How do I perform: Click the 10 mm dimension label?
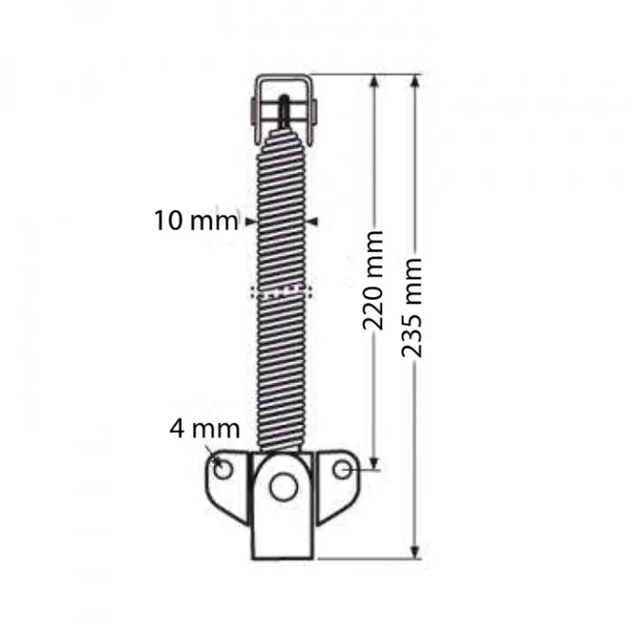[x=196, y=220]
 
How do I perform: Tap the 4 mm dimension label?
[x=205, y=429]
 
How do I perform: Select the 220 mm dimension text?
[x=373, y=280]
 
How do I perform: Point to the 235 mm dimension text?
[x=412, y=307]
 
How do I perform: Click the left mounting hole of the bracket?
[x=223, y=469]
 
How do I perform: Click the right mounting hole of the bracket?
[x=343, y=469]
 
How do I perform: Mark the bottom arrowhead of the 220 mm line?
[x=375, y=463]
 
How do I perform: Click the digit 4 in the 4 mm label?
[x=178, y=429]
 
